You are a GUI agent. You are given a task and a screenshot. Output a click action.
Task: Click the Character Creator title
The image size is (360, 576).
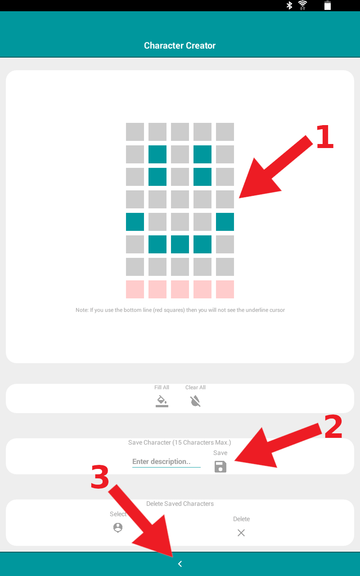[x=180, y=45]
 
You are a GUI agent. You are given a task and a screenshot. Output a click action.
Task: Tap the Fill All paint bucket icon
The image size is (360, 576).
[x=162, y=401]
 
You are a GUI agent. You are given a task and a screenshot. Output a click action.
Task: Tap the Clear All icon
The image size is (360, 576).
[x=195, y=401]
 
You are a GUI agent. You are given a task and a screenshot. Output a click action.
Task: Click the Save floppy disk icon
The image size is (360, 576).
[x=220, y=467]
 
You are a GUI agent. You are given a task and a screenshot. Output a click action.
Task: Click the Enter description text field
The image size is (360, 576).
[x=166, y=462]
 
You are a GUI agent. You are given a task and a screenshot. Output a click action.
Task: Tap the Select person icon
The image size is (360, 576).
[x=118, y=528]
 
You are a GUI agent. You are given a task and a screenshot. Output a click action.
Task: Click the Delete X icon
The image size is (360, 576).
[x=241, y=533]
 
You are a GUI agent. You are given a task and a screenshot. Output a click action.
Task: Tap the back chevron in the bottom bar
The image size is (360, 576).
[x=180, y=564]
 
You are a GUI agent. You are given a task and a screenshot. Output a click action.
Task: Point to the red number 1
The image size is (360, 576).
[x=325, y=136]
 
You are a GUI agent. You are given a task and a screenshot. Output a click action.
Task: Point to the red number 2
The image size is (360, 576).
[x=333, y=426]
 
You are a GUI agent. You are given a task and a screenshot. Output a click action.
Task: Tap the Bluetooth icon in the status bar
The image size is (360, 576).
[x=289, y=5]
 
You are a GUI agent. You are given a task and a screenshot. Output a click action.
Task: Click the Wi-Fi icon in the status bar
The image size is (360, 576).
[x=303, y=5]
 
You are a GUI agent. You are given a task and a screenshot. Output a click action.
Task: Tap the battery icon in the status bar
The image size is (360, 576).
[x=327, y=5]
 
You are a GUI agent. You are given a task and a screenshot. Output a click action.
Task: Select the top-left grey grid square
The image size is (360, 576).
[x=135, y=132]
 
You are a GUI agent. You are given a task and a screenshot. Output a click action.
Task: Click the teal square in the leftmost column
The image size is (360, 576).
[x=135, y=222]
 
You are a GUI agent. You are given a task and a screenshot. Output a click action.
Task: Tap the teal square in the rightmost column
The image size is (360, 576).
[x=225, y=222]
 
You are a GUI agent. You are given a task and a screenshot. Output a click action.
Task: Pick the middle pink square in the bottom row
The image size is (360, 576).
[x=180, y=289]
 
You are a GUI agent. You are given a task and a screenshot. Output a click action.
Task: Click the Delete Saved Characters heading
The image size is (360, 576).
[x=180, y=504]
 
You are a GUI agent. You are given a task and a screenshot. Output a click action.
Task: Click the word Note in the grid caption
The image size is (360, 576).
[x=81, y=310]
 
